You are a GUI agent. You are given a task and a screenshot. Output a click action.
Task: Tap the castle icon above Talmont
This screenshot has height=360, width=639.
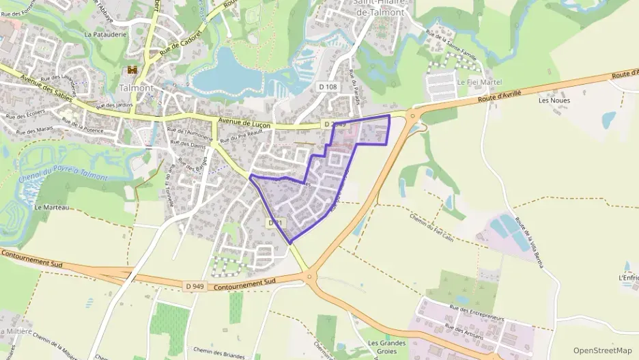tap(132, 70)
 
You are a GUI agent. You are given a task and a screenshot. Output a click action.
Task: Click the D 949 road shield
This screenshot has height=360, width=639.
tap(195, 286)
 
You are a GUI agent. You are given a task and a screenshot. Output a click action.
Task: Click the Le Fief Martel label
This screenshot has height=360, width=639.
tap(479, 82)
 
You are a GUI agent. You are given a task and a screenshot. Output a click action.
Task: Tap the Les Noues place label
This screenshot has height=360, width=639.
tap(554, 100)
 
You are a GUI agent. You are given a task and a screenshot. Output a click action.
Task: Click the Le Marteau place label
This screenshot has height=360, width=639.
tap(52, 207)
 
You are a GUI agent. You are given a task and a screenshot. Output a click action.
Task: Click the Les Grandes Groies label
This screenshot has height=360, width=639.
tap(387, 347)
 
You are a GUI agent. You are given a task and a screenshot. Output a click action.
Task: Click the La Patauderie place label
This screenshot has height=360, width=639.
tap(102, 33)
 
